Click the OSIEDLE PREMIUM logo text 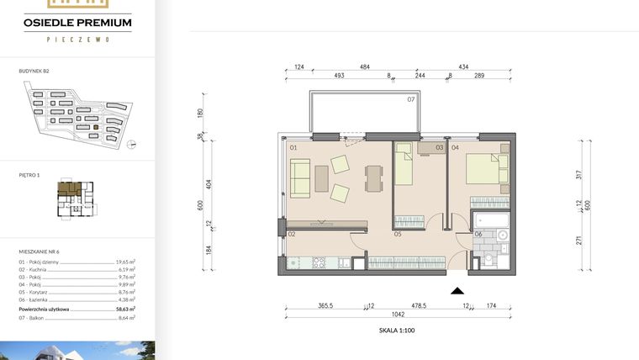77,23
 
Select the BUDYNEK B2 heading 34,72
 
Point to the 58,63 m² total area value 125,309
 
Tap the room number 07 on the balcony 411,100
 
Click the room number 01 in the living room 294,148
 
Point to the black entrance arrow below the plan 458,291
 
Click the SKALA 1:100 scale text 398,331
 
